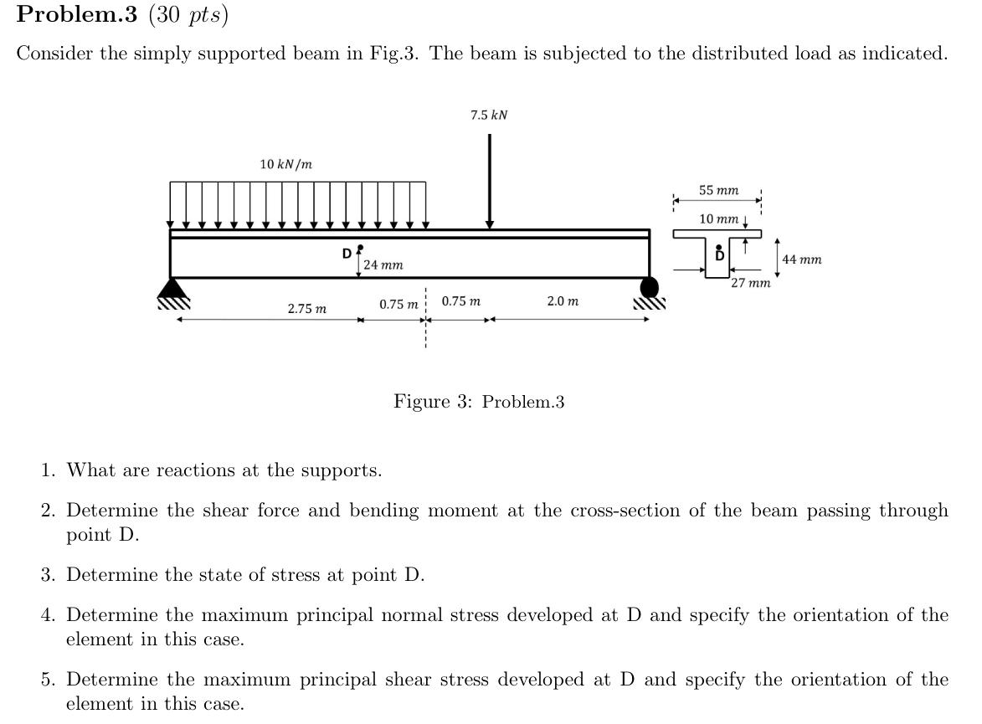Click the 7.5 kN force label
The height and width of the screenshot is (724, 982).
point(489,115)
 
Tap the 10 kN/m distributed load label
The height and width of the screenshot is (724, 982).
point(286,164)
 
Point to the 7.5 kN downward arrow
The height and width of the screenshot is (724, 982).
point(490,180)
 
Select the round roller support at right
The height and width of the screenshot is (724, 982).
point(650,288)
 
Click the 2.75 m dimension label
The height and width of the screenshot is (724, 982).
point(306,309)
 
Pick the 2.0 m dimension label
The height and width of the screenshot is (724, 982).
point(562,300)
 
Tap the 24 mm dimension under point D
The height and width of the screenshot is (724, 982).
point(383,264)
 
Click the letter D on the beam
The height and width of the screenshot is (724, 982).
point(347,253)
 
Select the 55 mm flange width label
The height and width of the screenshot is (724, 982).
point(718,190)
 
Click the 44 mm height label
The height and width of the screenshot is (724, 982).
point(801,259)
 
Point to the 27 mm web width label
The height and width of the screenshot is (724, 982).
point(750,283)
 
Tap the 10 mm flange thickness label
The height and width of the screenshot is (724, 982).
point(719,218)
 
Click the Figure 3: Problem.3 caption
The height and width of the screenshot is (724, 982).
point(479,402)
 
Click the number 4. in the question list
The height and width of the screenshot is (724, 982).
point(49,615)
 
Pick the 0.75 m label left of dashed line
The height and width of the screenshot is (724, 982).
point(398,304)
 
